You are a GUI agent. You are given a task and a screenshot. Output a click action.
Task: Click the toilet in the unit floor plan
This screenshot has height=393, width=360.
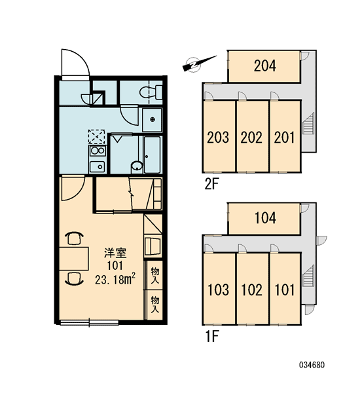click(x=151, y=92)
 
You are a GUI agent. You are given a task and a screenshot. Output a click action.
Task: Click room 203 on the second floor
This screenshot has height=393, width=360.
click(x=219, y=136)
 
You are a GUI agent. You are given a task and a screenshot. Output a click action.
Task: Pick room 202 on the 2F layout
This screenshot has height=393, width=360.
click(x=252, y=136)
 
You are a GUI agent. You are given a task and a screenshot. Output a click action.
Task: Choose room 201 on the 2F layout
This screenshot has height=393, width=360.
click(x=285, y=136)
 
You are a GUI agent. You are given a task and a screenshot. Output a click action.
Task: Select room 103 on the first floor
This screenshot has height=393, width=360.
click(x=219, y=289)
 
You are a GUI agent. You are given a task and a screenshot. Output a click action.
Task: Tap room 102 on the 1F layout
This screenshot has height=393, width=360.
click(x=252, y=289)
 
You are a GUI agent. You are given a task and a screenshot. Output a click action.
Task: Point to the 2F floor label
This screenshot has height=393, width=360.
click(x=211, y=185)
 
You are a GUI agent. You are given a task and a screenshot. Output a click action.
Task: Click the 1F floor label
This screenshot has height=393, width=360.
click(x=212, y=337)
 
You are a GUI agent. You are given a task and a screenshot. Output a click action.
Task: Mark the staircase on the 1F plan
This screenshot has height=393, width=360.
click(x=308, y=276)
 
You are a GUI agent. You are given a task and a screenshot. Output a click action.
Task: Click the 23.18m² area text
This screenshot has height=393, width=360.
click(x=115, y=279)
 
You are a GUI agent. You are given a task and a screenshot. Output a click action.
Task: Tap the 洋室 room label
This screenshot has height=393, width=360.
click(x=115, y=253)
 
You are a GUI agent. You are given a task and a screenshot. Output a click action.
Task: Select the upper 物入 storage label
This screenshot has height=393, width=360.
click(x=155, y=275)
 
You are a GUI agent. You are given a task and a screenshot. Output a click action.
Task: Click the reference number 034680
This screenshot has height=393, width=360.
click(x=312, y=365)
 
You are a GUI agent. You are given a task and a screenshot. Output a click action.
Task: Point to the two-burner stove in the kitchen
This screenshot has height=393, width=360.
click(x=98, y=151)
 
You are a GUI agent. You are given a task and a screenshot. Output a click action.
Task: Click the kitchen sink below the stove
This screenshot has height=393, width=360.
click(x=98, y=166)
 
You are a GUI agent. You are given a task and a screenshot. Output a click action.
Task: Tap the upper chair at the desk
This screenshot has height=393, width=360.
click(x=74, y=238)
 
